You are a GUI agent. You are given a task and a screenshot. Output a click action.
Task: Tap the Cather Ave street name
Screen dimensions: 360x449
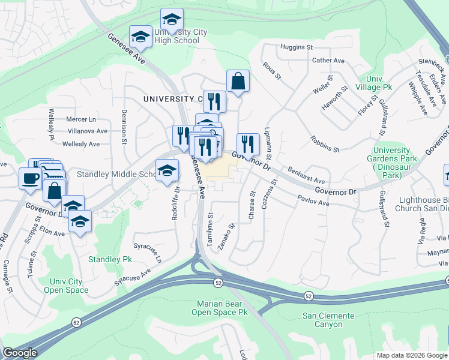click(x=328, y=61)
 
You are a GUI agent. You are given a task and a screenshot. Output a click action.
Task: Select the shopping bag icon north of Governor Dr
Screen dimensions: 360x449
click(x=238, y=81)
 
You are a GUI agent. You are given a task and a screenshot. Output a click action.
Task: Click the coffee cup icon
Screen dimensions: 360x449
click(x=31, y=177)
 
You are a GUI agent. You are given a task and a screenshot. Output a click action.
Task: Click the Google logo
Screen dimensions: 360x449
click(x=20, y=353)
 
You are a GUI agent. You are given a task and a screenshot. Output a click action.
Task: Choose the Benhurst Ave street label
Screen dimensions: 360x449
click(x=306, y=176)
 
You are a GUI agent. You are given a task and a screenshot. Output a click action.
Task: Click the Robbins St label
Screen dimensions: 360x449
click(x=325, y=144)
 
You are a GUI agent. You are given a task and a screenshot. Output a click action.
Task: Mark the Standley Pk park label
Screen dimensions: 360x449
click(x=110, y=260)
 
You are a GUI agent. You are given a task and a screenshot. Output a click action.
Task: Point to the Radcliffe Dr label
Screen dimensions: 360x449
click(x=176, y=204)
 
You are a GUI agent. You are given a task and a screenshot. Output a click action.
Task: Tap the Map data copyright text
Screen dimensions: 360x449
click(x=412, y=355)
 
